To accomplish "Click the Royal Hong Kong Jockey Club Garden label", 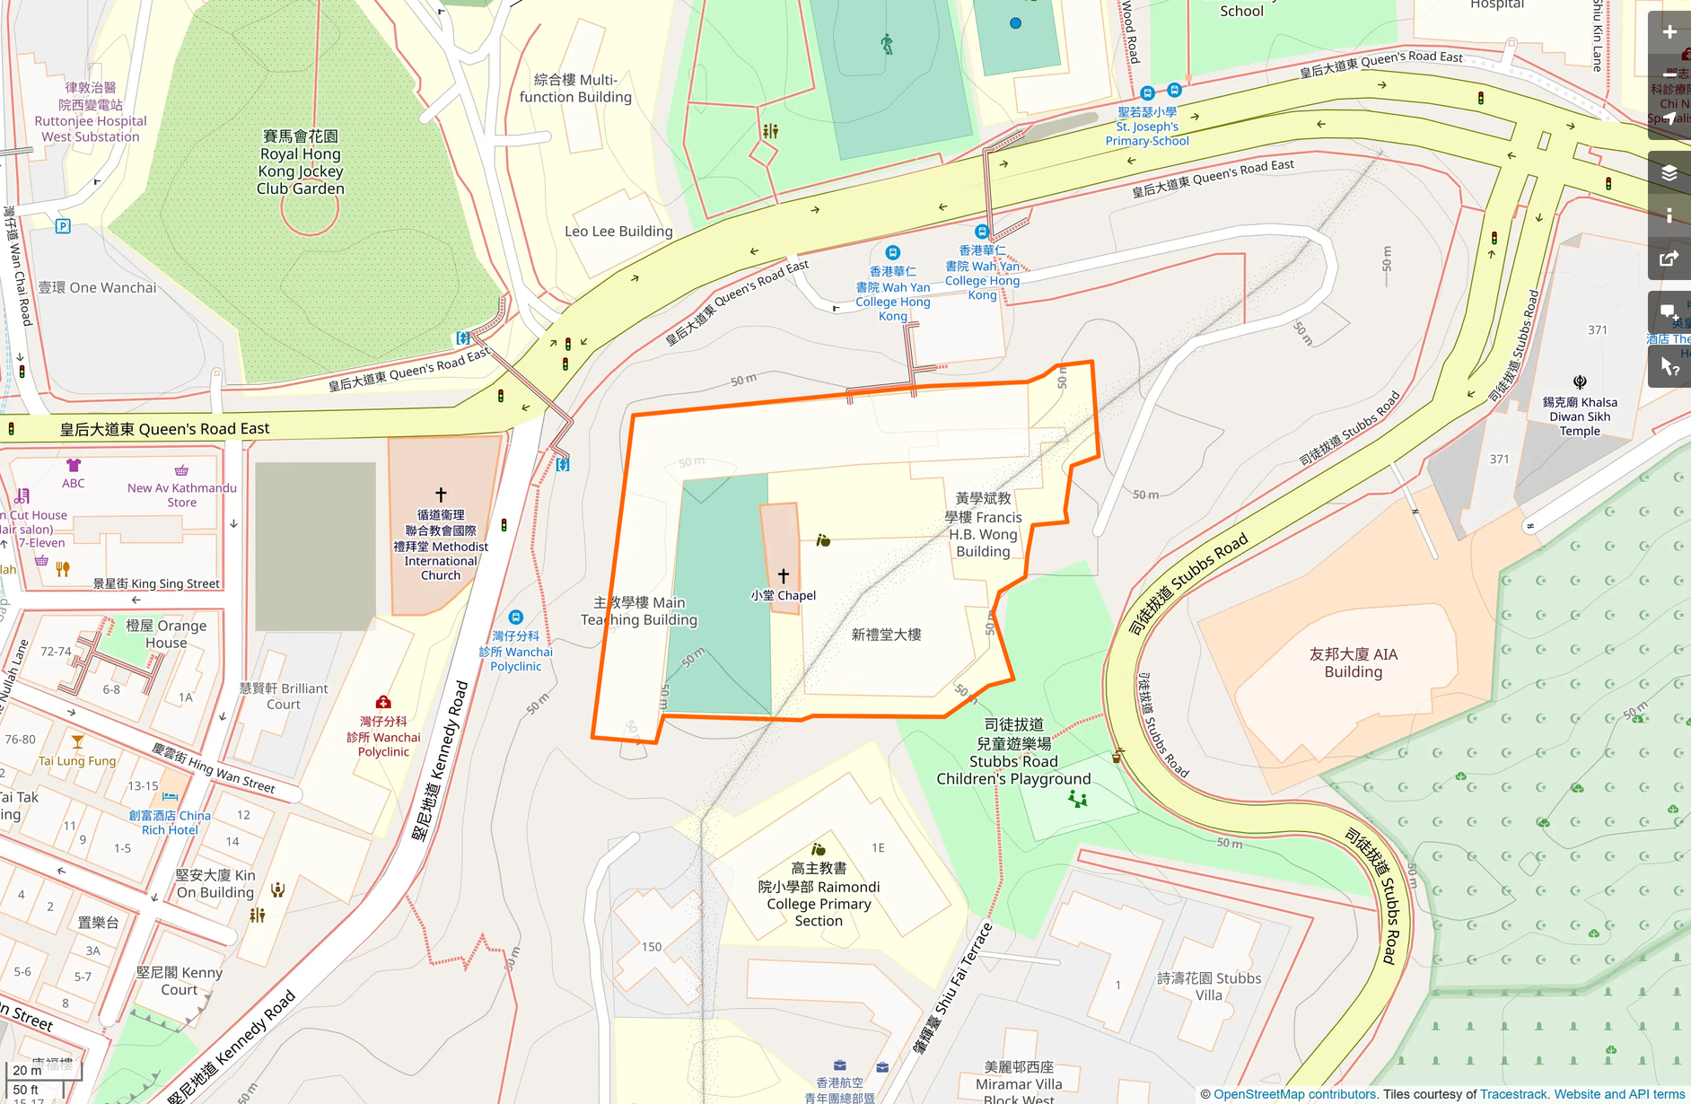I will tap(301, 162).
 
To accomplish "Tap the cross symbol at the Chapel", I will tap(783, 575).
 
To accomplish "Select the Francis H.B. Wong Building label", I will tap(984, 525).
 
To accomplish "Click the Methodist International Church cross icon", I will tap(441, 495).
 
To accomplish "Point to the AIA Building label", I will tap(1353, 663).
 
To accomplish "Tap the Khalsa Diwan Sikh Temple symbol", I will tap(1580, 382).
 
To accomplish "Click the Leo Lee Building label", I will tap(618, 232).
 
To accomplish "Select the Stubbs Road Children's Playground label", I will tap(1013, 752).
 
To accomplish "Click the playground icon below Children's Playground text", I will tap(1078, 799).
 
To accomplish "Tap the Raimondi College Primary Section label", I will tap(819, 895).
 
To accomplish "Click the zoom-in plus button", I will tap(1669, 32).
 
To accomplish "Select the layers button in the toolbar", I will tap(1669, 172).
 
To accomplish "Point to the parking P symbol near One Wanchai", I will tap(63, 226).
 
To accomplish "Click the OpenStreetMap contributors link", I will tap(1294, 1094).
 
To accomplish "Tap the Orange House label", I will tap(166, 634).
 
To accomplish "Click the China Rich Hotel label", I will tap(170, 822).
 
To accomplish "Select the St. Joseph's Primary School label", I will tap(1147, 127).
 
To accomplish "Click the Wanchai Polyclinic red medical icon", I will tap(383, 702).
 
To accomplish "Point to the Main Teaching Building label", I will tap(638, 611).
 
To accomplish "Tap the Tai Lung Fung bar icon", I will tap(77, 742).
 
